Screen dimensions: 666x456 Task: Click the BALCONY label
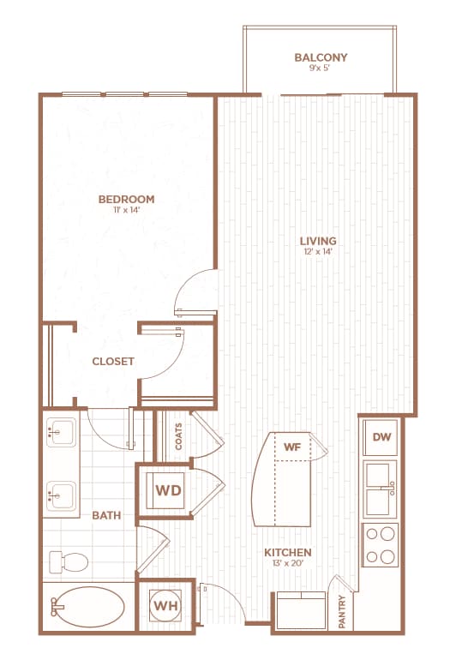321,58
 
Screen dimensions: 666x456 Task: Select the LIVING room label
318,241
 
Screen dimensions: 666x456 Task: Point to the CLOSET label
113,362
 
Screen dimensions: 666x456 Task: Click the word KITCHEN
288,552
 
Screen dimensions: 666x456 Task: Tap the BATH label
106,515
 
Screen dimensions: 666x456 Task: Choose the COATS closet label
178,436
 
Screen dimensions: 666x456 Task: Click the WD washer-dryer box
168,490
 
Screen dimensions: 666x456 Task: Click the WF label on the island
292,446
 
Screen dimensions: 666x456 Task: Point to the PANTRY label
342,612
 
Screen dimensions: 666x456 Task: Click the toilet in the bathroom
69,562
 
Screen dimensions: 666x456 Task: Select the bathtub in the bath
87,609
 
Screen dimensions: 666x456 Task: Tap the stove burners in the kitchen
380,543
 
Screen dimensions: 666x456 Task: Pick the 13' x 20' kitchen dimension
288,565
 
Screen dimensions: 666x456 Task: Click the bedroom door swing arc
194,291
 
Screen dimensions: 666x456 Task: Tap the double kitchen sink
379,489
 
